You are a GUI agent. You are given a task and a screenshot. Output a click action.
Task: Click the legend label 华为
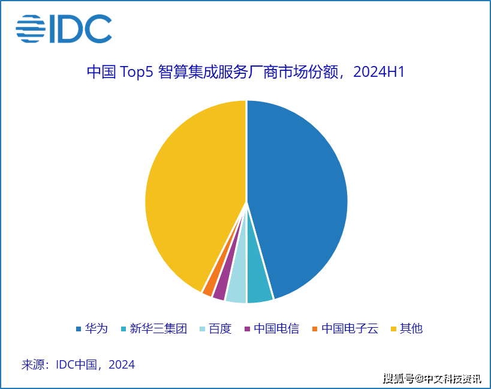point(97,328)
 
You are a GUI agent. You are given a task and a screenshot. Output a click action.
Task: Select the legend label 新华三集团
point(158,328)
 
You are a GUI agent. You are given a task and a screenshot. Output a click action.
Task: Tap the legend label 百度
point(220,328)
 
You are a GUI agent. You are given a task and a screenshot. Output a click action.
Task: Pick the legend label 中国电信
point(276,328)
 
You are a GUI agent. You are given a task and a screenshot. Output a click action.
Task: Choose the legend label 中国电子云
point(350,328)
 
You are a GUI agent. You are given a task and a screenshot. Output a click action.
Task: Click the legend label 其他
point(411,328)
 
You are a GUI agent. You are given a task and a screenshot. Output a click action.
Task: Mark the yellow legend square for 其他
point(394,329)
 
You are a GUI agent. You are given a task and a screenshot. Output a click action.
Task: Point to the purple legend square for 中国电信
point(248,329)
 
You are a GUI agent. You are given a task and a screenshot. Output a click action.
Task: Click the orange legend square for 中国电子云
point(315,329)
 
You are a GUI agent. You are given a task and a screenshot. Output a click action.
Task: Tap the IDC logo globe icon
point(31,29)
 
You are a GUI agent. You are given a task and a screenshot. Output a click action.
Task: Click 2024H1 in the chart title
point(379,72)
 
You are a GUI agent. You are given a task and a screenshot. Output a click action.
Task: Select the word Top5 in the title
point(136,72)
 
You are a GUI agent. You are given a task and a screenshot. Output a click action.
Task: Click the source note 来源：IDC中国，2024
point(78,364)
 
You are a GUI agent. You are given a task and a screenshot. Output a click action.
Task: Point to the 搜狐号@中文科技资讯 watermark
point(432,379)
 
